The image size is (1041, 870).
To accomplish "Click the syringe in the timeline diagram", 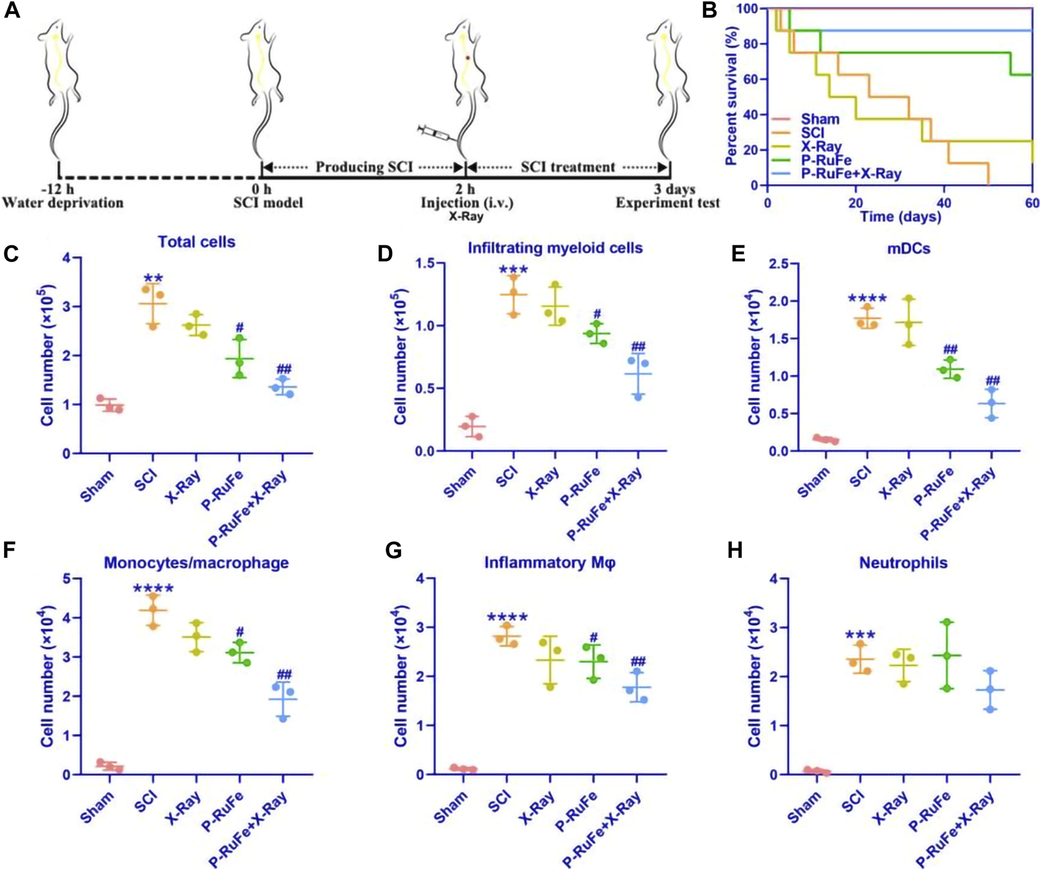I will click(437, 133).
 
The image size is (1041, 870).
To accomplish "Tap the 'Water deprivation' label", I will click(63, 203).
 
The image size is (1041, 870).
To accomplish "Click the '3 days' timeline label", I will click(675, 189).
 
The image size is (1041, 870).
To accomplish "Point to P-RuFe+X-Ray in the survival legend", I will click(851, 173).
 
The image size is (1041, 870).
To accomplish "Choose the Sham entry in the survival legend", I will click(820, 119).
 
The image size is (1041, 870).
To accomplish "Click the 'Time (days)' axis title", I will click(901, 217).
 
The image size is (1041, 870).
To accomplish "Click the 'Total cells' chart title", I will click(196, 242).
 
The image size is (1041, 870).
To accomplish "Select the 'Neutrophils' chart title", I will click(903, 563).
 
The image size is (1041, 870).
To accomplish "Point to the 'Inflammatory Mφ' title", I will click(550, 563).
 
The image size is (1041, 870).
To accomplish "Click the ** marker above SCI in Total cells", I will click(153, 278).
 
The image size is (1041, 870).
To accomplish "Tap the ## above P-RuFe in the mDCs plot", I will click(950, 349).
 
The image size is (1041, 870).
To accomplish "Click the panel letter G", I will click(393, 551).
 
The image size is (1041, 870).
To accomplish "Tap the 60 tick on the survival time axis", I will click(1032, 203).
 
